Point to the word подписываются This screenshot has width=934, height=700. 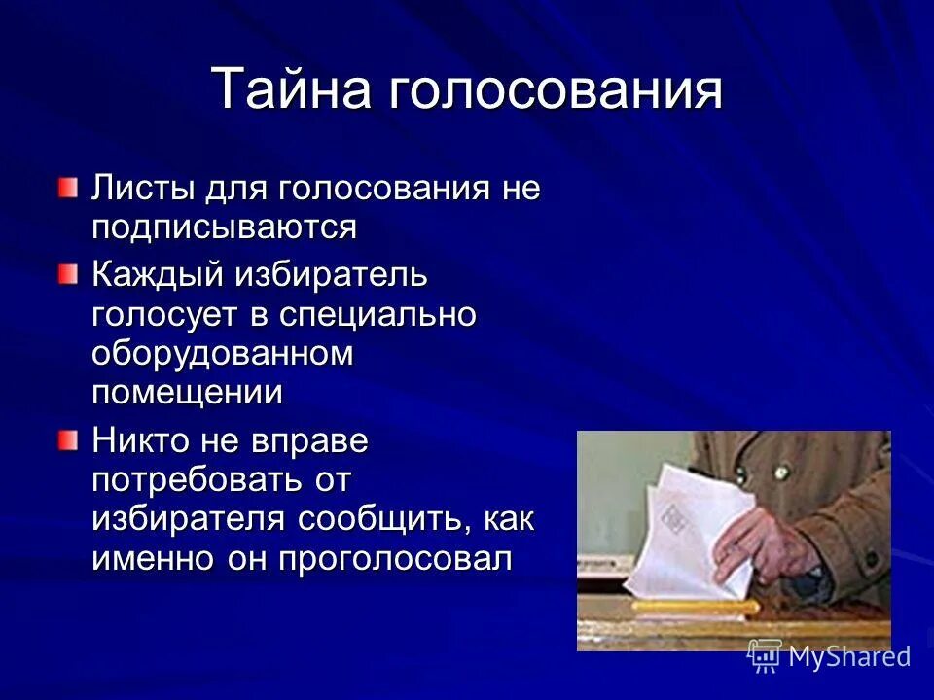(x=225, y=227)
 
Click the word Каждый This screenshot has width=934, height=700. (x=156, y=275)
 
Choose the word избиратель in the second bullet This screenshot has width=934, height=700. (x=330, y=275)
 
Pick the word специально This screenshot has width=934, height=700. (x=377, y=315)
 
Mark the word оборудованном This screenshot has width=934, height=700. (x=223, y=354)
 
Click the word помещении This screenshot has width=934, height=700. (x=188, y=393)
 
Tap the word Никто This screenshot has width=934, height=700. (x=140, y=441)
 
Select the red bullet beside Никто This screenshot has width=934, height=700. (x=66, y=440)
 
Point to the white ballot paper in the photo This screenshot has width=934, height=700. (x=686, y=530)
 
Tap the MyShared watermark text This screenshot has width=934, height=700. (x=848, y=657)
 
